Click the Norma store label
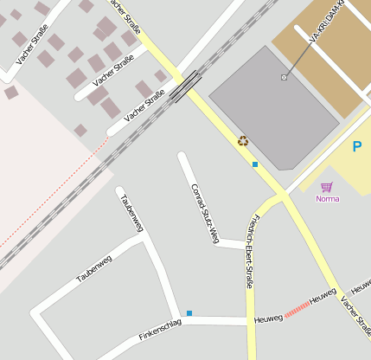click(328, 199)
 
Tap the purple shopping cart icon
click(326, 187)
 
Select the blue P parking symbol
click(356, 147)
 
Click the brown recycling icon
click(243, 140)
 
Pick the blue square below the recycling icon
click(255, 164)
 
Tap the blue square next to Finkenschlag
click(189, 312)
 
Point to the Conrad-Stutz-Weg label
click(204, 213)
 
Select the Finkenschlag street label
click(160, 328)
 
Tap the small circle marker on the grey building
click(284, 78)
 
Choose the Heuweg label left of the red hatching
click(268, 319)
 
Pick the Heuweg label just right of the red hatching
click(323, 296)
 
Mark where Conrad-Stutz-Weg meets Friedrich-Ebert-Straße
click(245, 246)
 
